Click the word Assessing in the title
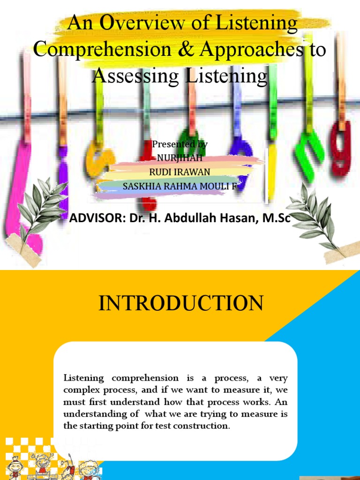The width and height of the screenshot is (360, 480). tap(137, 75)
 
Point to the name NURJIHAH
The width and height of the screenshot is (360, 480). tap(179, 157)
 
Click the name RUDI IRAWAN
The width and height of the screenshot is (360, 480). tap(180, 172)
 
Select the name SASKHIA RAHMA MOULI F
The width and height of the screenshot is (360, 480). tap(180, 186)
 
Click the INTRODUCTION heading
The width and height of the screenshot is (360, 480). tap(180, 304)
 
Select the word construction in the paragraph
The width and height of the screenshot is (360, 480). tap(205, 426)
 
